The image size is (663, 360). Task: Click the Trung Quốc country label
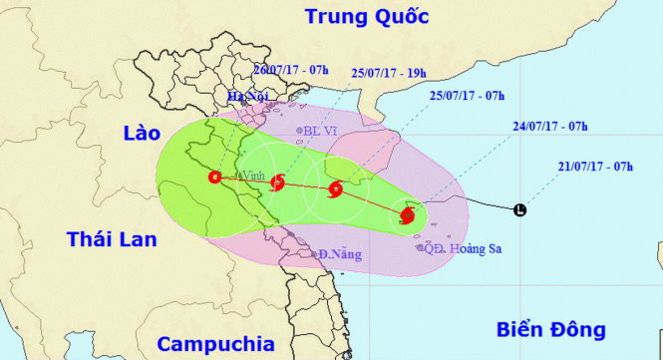pos(367,17)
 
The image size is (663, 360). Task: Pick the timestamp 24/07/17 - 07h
pos(546,127)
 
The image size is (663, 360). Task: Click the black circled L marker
pos(519,210)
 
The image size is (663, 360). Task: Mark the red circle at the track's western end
pos(214,178)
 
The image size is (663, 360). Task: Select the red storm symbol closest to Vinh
pos(277,181)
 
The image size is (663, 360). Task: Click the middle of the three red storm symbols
pos(336,186)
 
